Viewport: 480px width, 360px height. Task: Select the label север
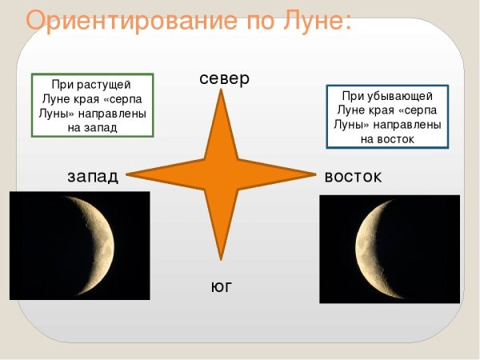coord(225,78)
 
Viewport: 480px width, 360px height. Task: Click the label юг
coord(221,286)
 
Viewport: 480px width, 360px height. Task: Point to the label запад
coord(93,176)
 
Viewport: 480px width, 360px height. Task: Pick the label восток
coord(352,176)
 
